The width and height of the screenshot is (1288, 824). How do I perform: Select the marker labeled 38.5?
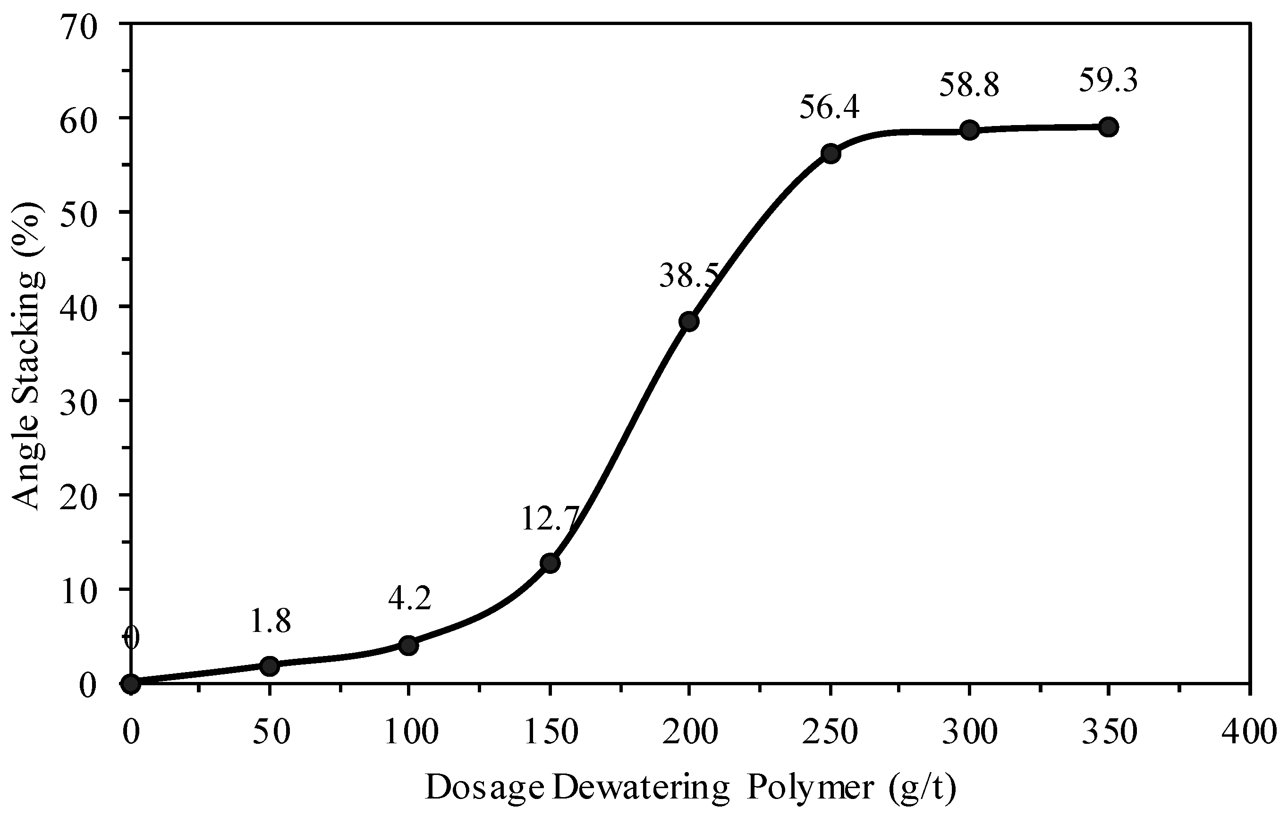(689, 321)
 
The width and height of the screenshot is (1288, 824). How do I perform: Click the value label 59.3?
(1108, 81)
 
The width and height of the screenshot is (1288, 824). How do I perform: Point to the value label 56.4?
(829, 108)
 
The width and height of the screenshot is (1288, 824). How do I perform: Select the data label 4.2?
(409, 599)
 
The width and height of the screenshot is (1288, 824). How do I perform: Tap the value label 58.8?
(969, 85)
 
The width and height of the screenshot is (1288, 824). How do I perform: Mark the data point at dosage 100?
(408, 646)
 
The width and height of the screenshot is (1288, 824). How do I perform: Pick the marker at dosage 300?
(969, 130)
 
